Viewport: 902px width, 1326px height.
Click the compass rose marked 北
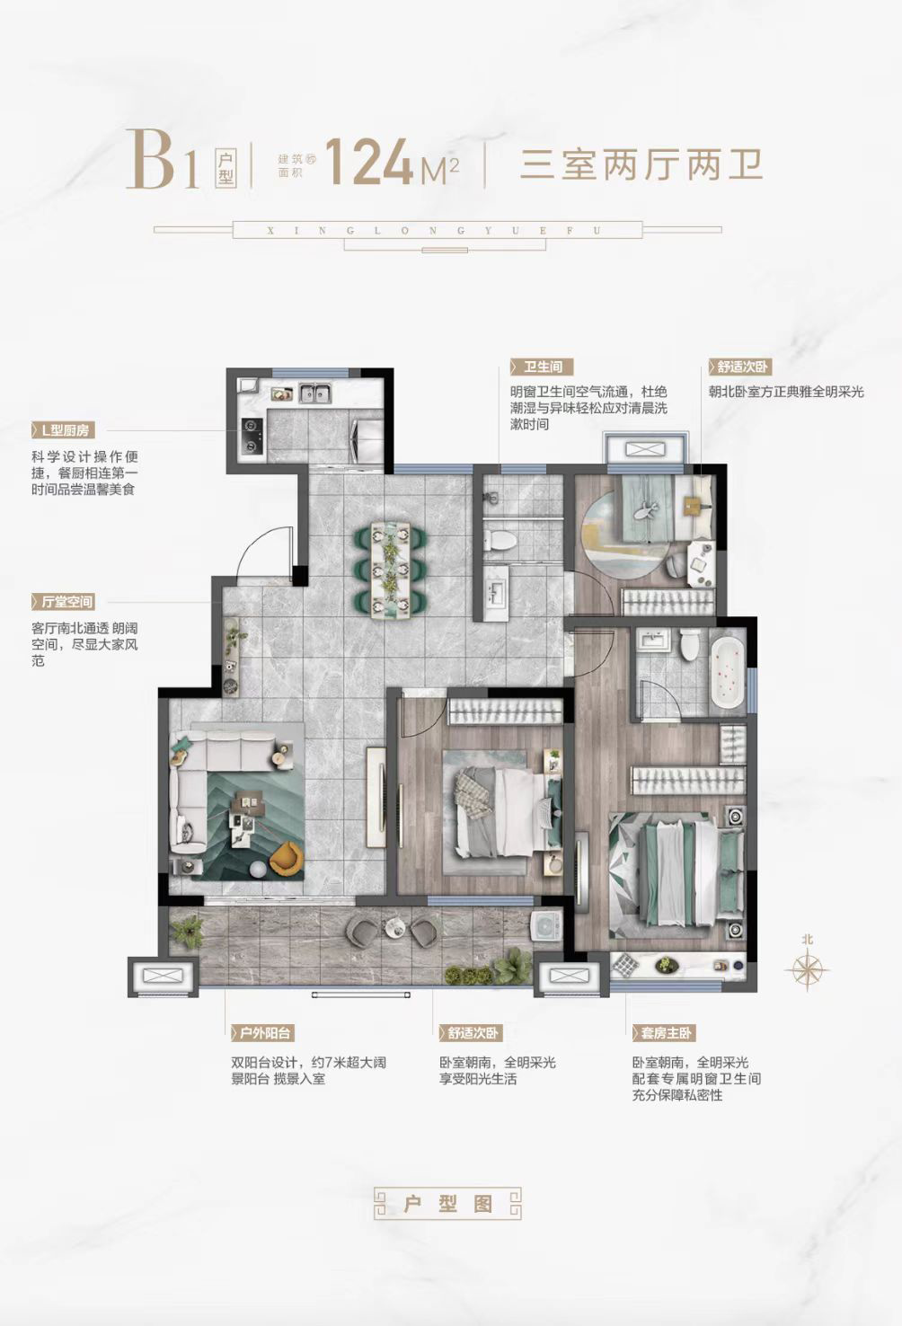[808, 968]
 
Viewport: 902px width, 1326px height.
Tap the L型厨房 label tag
[63, 430]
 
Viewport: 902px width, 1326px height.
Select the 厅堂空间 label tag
[63, 602]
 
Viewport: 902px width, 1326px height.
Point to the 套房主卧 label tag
[664, 1033]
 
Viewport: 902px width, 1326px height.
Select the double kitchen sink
[314, 393]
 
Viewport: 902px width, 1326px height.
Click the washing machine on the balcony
[547, 926]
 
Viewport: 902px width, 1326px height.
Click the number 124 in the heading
[368, 162]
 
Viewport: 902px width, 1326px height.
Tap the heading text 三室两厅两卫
[641, 164]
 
